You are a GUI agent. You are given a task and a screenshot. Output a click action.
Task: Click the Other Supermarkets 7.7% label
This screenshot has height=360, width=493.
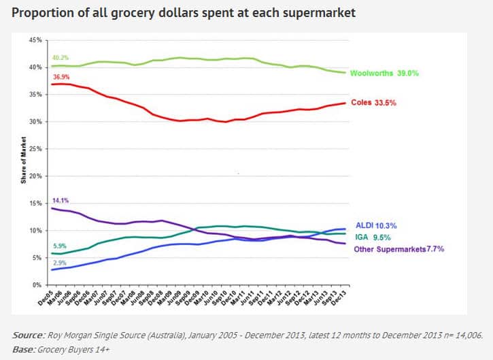(x=398, y=249)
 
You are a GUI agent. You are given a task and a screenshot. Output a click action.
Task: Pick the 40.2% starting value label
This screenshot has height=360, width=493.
(x=60, y=58)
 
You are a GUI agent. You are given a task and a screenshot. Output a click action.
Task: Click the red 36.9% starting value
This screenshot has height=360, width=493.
(x=60, y=76)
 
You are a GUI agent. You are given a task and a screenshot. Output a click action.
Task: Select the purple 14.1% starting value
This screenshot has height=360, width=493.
(x=60, y=201)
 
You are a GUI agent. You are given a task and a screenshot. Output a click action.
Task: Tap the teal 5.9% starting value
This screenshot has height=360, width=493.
(x=60, y=246)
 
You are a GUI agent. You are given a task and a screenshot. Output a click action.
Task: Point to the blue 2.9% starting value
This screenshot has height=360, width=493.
(x=60, y=263)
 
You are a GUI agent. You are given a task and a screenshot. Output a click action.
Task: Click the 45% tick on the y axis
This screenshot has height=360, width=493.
(x=36, y=40)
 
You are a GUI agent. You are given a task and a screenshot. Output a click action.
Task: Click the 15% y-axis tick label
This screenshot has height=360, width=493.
(x=36, y=203)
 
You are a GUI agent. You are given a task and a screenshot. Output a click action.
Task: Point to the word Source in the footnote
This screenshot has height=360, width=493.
(x=27, y=335)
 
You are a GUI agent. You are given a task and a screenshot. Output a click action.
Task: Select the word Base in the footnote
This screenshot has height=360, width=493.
(x=24, y=348)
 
